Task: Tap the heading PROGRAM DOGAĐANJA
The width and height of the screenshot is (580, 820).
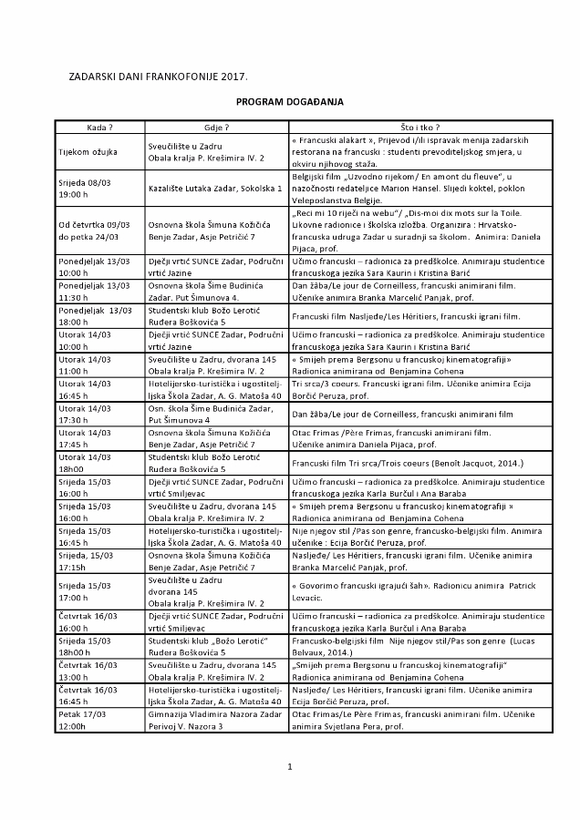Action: tap(289, 103)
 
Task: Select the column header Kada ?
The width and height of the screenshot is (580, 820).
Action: tap(99, 128)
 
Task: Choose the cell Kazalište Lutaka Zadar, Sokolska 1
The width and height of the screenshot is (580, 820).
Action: tap(215, 188)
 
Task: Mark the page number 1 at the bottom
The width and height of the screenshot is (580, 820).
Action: tap(289, 766)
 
